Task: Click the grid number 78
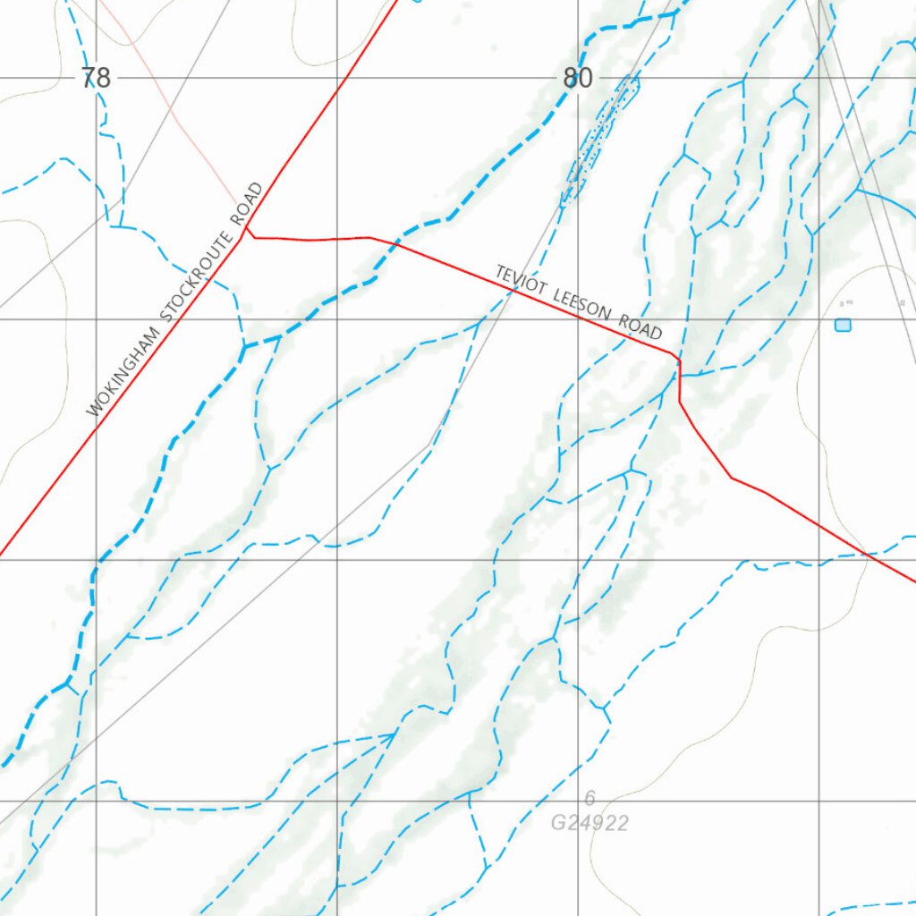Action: click(96, 79)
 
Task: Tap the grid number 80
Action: click(578, 79)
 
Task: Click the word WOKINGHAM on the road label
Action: click(123, 374)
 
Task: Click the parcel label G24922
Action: click(589, 823)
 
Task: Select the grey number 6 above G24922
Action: click(589, 799)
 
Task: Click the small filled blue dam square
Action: click(843, 325)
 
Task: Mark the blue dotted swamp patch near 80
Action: click(599, 140)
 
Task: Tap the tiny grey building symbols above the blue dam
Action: click(846, 303)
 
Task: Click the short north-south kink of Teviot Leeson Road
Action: click(680, 380)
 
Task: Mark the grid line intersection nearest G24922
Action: click(578, 801)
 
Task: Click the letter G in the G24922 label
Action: click(558, 823)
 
